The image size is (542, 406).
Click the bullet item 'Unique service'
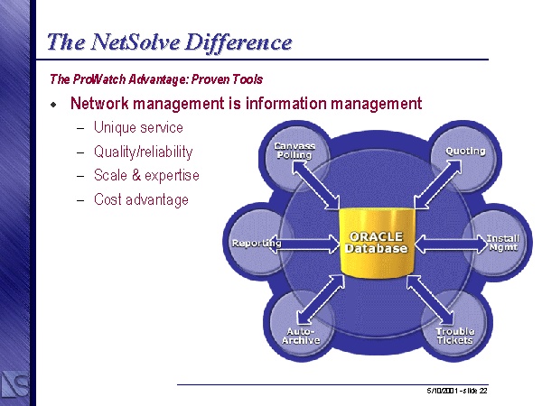[x=138, y=128]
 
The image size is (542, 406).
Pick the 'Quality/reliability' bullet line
[x=143, y=152]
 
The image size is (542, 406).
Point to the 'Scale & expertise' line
[x=146, y=175]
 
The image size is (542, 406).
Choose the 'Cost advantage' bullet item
[x=141, y=199]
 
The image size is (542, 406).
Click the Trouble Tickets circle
[x=453, y=333]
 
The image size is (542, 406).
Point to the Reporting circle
[x=257, y=243]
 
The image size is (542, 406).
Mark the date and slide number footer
[x=457, y=391]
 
